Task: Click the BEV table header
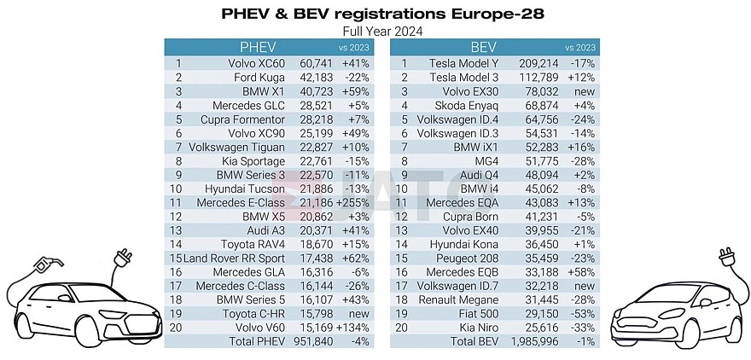tap(484, 48)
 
